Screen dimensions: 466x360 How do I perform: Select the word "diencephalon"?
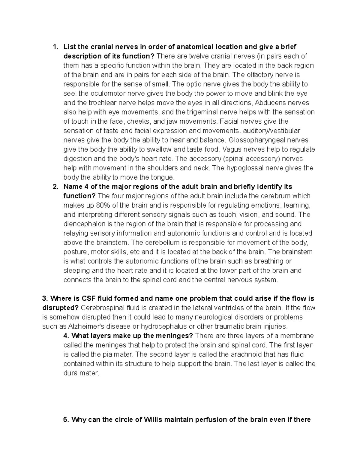tap(83, 224)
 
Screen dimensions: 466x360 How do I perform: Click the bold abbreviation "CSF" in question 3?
tap(88, 299)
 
